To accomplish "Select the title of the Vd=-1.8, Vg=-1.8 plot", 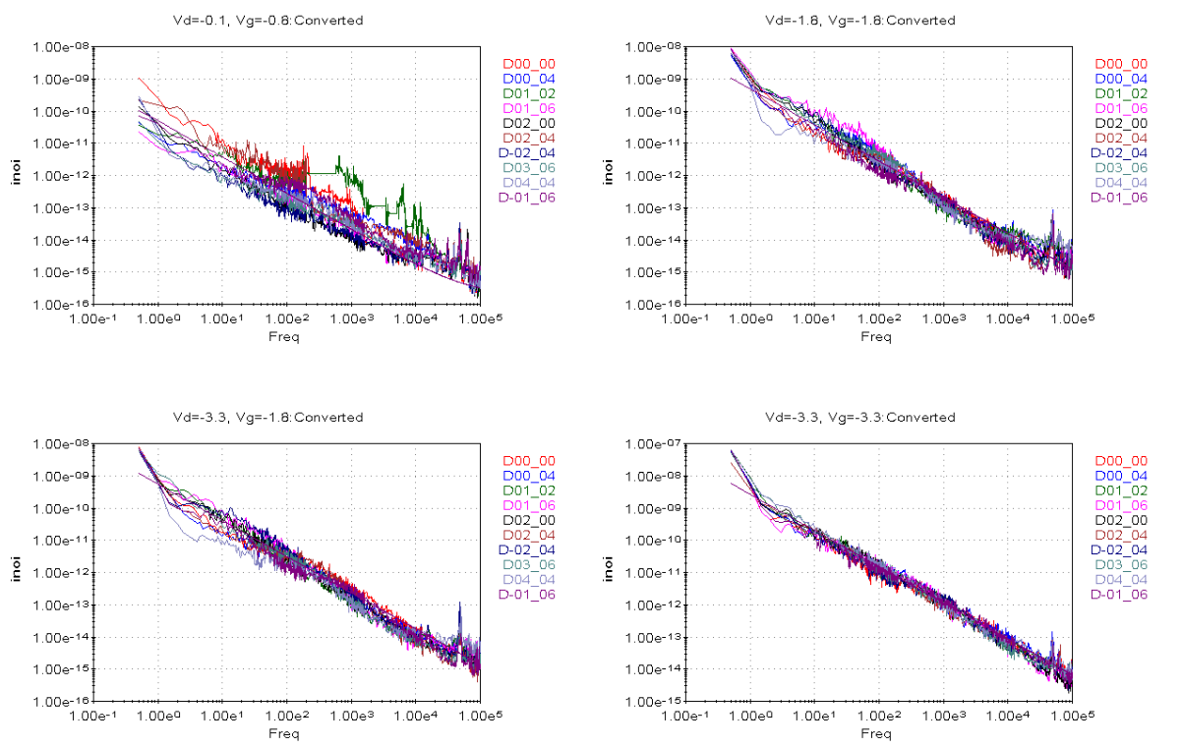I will pyautogui.click(x=859, y=21).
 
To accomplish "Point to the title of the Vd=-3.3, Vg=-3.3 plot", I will pyautogui.click(x=859, y=418).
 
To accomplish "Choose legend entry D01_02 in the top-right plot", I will pyautogui.click(x=1121, y=93).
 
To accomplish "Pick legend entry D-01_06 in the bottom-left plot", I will pyautogui.click(x=528, y=594).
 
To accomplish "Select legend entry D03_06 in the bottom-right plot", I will pyautogui.click(x=1121, y=564).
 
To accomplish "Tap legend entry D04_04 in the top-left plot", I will pyautogui.click(x=528, y=183).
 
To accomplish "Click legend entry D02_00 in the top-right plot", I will pyautogui.click(x=1121, y=123).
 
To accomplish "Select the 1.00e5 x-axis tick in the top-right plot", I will pyautogui.click(x=1072, y=319).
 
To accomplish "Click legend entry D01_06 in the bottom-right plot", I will pyautogui.click(x=1121, y=505).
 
